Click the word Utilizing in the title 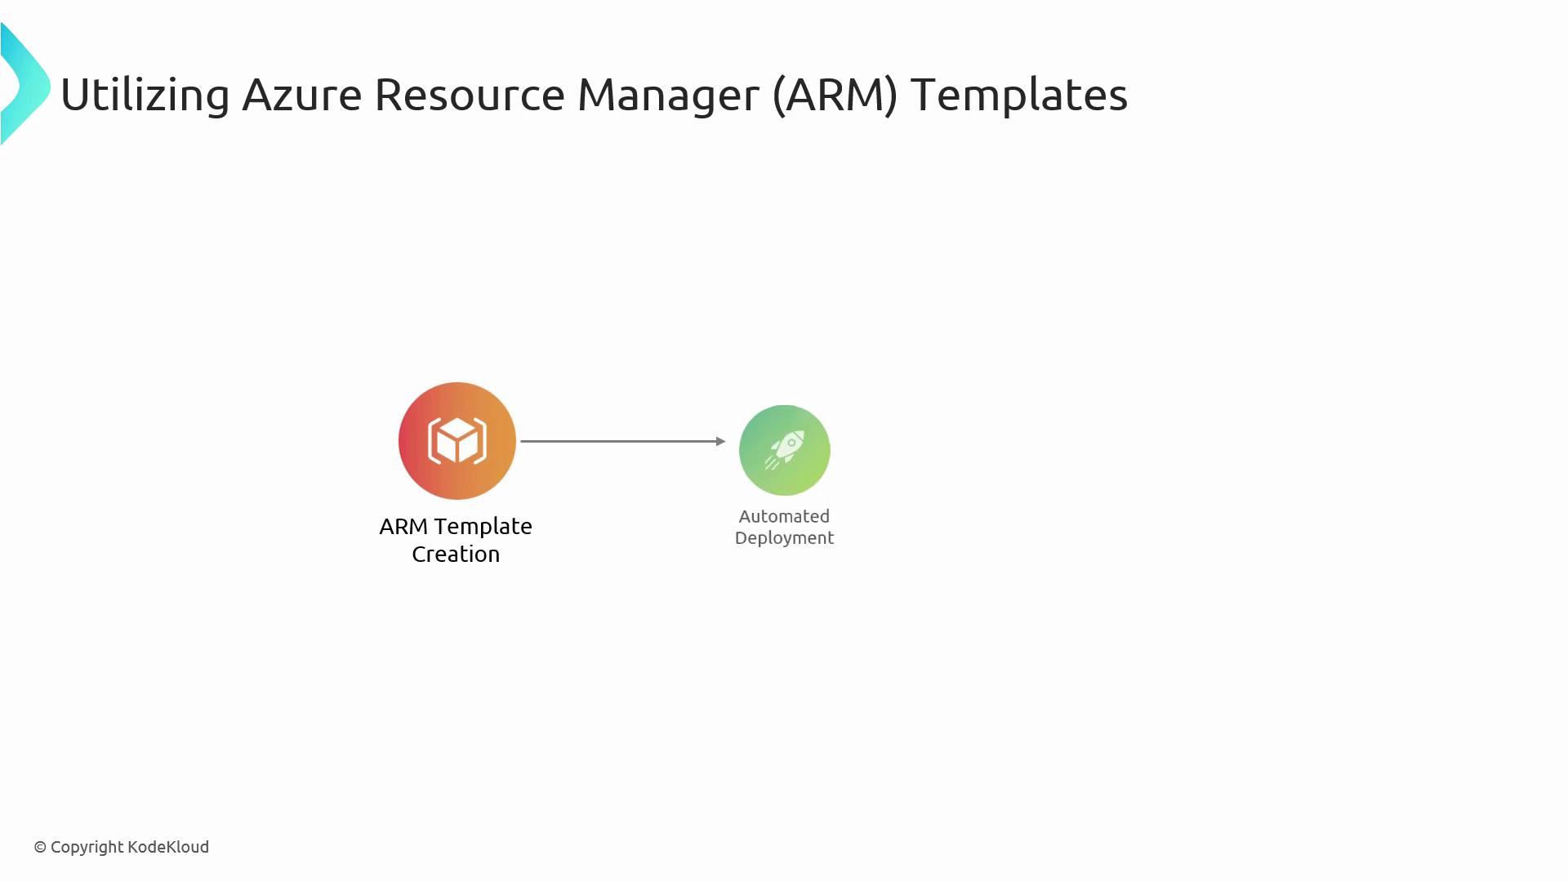pos(145,96)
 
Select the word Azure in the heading pos(302,95)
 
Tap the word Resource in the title pos(470,95)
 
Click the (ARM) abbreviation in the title pos(835,95)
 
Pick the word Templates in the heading pos(1019,96)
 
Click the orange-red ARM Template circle pos(457,441)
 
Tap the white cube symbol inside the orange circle pos(457,441)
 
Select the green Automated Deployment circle pos(785,450)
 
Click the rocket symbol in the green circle pos(785,450)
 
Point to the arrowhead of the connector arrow pos(721,441)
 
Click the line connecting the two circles pos(623,441)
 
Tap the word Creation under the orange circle pos(456,554)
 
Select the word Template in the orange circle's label pos(483,528)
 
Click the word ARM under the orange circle pos(403,527)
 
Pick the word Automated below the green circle pos(784,516)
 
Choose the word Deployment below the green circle pos(784,539)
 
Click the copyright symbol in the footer pos(40,848)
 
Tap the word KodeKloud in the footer pos(168,847)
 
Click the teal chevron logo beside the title pos(25,84)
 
